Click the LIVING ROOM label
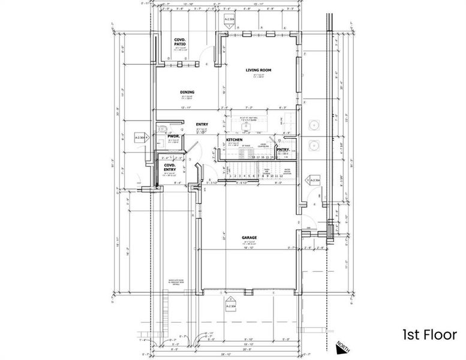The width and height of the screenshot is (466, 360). pos(258,70)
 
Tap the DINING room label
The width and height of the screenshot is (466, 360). pos(187,92)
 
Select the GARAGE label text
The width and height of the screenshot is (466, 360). pos(249,238)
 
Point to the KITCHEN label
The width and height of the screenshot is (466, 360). pos(234,140)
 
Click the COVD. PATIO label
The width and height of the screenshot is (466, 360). pos(181,41)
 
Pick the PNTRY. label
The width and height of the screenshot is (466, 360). pos(283,150)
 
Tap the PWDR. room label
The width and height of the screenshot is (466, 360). pos(174,136)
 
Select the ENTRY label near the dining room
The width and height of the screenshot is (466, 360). pos(202,125)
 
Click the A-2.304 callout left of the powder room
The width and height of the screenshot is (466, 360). pos(142,137)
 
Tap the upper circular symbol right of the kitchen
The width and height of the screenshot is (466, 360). pos(313,125)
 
